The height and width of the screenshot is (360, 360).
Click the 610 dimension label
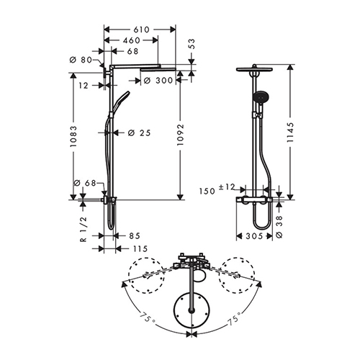point(141,30)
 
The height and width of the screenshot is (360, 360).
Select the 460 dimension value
point(132,40)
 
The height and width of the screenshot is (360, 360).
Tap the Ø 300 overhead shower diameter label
point(158,81)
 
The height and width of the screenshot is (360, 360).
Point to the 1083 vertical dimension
point(73,136)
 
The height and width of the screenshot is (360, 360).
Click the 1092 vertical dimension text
point(180,135)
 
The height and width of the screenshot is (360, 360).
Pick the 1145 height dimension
point(290,132)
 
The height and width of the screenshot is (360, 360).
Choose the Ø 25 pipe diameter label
point(139,132)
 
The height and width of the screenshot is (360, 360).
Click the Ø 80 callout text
point(81,60)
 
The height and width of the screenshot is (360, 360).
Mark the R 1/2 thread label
point(83,229)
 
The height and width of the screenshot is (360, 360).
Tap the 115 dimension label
point(140,249)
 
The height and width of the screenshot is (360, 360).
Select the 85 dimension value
point(135,236)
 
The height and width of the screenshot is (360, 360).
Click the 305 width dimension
point(254,236)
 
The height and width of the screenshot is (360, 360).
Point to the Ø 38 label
point(279,227)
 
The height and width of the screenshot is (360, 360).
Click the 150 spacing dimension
point(207,192)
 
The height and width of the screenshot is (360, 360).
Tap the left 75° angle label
point(148,317)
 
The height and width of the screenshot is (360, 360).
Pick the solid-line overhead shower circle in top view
point(192,311)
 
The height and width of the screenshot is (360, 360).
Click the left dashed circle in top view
point(146,276)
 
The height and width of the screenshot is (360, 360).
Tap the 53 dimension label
point(192,44)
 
